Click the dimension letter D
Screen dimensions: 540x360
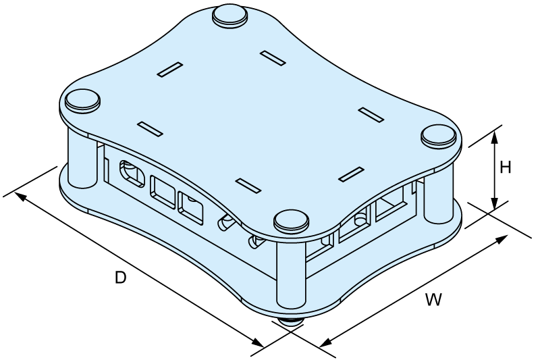click(121, 278)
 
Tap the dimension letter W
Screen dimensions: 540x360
click(433, 299)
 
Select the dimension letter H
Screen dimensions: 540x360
click(505, 168)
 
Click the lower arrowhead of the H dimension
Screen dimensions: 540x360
click(495, 203)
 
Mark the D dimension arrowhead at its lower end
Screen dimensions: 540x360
click(258, 342)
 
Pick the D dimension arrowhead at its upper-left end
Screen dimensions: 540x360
click(20, 197)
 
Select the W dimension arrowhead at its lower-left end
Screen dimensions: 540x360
click(325, 342)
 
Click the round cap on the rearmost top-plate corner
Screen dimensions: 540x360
click(230, 16)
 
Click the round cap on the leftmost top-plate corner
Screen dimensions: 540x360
click(82, 100)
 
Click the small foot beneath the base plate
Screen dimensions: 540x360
click(291, 322)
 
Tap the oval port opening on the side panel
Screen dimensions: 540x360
click(132, 174)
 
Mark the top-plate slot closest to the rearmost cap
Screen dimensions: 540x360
click(273, 58)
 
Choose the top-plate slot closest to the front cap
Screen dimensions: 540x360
click(248, 185)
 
